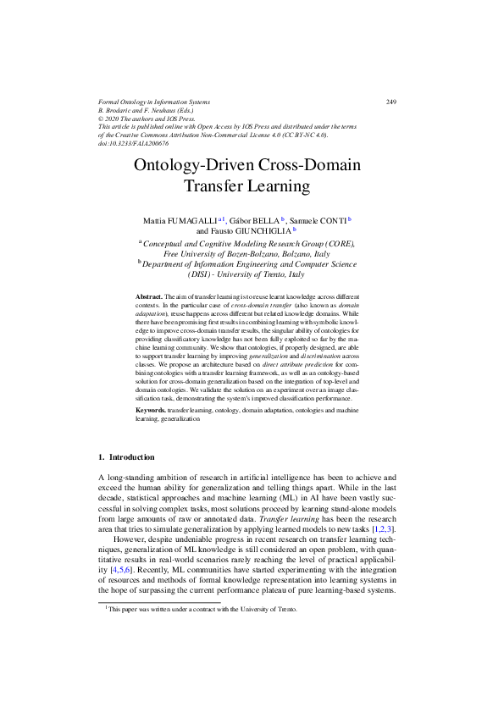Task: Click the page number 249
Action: pyautogui.click(x=390, y=102)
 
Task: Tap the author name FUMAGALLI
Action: pyautogui.click(x=192, y=219)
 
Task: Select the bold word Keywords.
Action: pyautogui.click(x=151, y=410)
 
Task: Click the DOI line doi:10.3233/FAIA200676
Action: pyautogui.click(x=134, y=143)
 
